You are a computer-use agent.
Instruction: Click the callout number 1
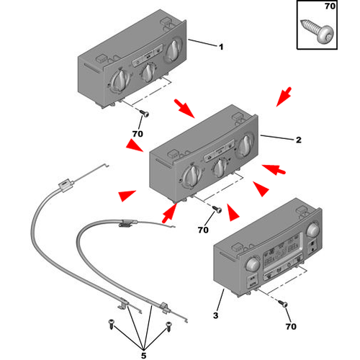[x=221, y=47]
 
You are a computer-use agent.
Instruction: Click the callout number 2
[x=298, y=140]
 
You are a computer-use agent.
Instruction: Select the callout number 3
[x=216, y=315]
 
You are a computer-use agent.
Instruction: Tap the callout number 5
[x=143, y=356]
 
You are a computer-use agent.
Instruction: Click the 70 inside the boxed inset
[x=330, y=6]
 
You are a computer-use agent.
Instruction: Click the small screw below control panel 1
[x=144, y=113]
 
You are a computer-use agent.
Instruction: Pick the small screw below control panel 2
[x=217, y=209]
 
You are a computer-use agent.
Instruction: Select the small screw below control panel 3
[x=283, y=303]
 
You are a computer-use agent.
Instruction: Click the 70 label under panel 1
[x=138, y=134]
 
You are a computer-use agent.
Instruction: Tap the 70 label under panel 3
[x=291, y=326]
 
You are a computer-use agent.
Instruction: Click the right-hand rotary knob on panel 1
[x=173, y=50]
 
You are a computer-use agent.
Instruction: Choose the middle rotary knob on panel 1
[x=148, y=73]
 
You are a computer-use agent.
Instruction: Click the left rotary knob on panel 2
[x=192, y=176]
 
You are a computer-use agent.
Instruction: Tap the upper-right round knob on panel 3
[x=313, y=230]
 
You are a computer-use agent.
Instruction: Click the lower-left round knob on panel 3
[x=253, y=264]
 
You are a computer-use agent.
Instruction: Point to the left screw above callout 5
[x=111, y=323]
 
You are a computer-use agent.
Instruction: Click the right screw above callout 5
[x=169, y=327]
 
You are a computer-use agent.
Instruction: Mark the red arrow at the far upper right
[x=284, y=96]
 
